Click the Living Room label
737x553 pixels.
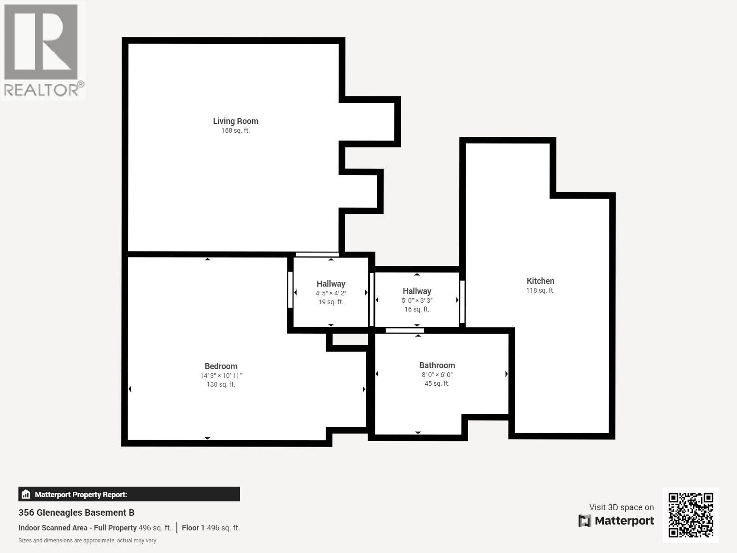235,121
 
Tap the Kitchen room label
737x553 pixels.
540,281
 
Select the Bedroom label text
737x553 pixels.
221,366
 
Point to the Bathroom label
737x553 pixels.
437,365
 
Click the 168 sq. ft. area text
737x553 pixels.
235,131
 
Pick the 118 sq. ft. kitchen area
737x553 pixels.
540,291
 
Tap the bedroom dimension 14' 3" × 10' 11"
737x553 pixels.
221,376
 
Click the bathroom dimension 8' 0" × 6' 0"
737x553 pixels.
437,375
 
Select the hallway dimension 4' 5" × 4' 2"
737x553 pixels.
331,294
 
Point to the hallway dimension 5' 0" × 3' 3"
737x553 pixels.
417,301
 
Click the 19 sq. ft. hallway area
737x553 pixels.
331,302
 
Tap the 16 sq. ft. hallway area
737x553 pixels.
417,310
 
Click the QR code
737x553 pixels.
690,515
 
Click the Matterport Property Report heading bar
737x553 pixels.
129,494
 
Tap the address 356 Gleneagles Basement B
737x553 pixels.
76,512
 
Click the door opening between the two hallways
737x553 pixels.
372,300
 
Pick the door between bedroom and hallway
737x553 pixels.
290,290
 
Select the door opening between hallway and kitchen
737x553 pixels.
462,302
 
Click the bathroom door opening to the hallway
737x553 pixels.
404,330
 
